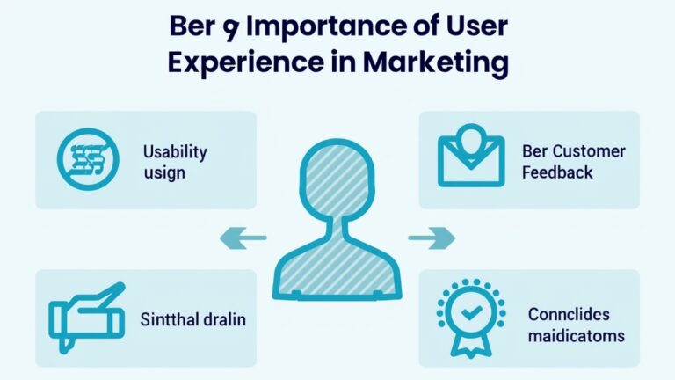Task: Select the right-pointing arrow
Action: pyautogui.click(x=432, y=237)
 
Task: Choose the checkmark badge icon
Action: pyautogui.click(x=471, y=314)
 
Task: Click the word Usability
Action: pyautogui.click(x=175, y=151)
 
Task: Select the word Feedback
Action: pyautogui.click(x=557, y=172)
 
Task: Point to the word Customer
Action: pyautogui.click(x=588, y=151)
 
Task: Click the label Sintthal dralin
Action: pyautogui.click(x=192, y=319)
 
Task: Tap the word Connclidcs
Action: pyautogui.click(x=570, y=314)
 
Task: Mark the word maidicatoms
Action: pyautogui.click(x=576, y=335)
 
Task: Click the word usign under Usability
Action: pyautogui.click(x=164, y=172)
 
